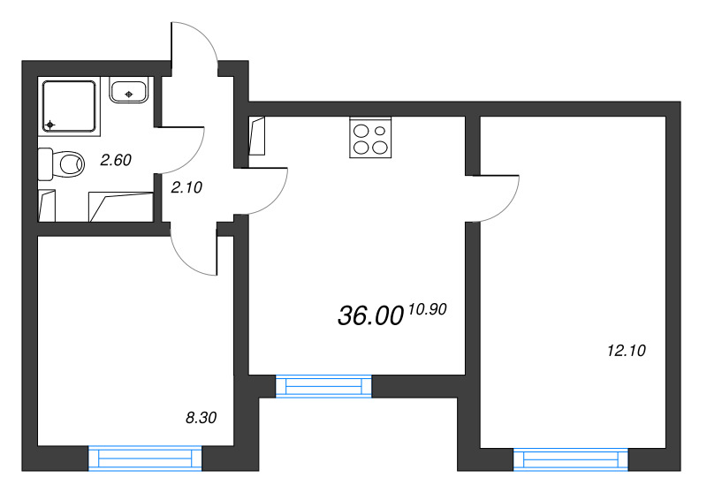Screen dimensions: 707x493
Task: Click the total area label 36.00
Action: click(370, 315)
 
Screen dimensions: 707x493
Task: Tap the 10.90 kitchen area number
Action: click(428, 309)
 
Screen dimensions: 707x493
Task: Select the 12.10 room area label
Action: click(627, 350)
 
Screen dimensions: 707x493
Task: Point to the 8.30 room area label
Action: click(201, 418)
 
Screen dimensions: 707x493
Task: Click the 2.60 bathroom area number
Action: click(116, 160)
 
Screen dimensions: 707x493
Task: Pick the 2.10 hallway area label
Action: click(186, 187)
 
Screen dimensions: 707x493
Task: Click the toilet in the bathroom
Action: click(61, 163)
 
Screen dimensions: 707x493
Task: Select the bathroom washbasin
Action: click(129, 91)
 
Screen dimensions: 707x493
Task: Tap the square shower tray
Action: click(69, 106)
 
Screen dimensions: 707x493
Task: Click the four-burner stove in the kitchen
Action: click(370, 138)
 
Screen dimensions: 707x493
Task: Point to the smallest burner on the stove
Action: click(380, 131)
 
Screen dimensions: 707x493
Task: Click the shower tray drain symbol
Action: click(50, 125)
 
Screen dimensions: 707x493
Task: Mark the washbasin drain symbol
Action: click(129, 94)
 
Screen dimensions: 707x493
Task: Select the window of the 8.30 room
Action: click(145, 459)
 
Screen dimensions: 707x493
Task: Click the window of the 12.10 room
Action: click(570, 459)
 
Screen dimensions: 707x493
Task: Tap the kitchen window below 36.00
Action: click(323, 386)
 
